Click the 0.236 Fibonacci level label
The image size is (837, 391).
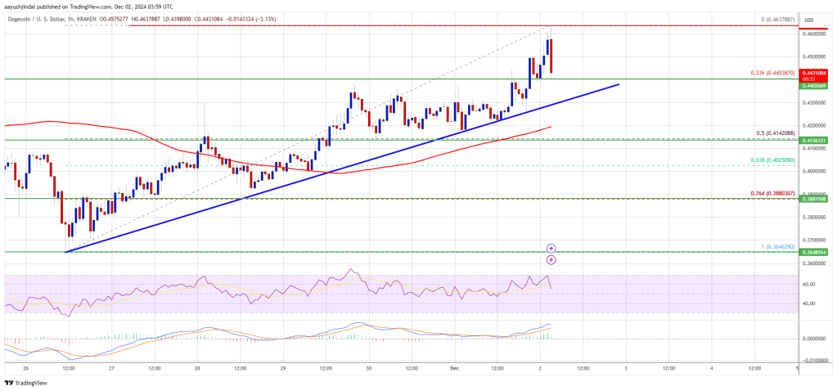click(772, 73)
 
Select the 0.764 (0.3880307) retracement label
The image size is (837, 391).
click(772, 194)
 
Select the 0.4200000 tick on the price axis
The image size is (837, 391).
click(815, 126)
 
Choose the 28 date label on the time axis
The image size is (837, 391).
click(196, 369)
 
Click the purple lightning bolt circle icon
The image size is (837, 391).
click(551, 259)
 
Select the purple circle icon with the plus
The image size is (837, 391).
click(551, 247)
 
